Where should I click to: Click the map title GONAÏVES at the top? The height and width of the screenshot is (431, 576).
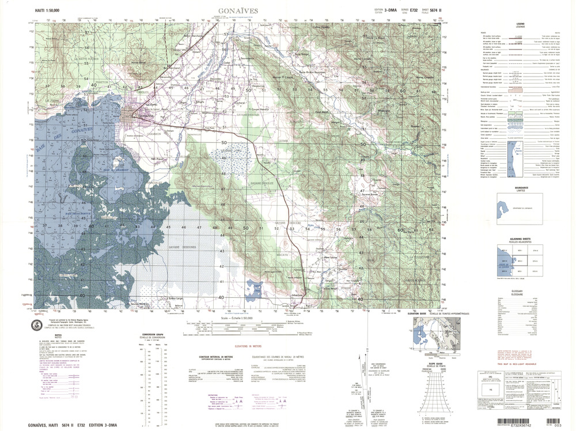click(238, 11)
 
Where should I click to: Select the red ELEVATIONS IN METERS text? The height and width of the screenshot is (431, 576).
click(253, 346)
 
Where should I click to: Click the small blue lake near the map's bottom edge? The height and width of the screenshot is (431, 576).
click(254, 287)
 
